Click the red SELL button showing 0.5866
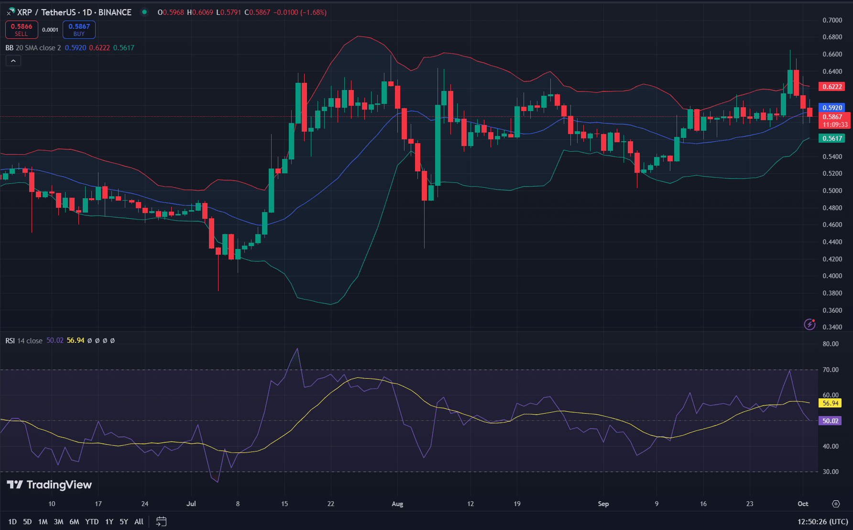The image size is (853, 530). tap(22, 30)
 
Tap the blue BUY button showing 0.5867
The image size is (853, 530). tap(79, 30)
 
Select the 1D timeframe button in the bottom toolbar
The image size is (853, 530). tap(12, 521)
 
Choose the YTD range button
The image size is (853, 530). tap(92, 521)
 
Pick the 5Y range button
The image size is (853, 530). tap(124, 521)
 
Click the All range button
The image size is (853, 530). tap(139, 521)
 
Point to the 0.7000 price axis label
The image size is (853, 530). tap(832, 20)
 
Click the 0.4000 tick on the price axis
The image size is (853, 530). tap(832, 276)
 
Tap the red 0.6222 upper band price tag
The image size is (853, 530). tap(832, 87)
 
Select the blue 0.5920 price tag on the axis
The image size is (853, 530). tap(832, 108)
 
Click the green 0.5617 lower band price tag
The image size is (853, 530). tap(832, 138)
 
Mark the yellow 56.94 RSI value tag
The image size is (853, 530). tap(831, 403)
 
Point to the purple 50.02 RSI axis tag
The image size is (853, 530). tap(831, 421)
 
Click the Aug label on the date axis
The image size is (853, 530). tap(397, 504)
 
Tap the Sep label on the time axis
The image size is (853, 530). tap(603, 504)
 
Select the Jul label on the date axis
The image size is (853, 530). tap(191, 504)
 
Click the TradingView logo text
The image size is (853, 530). tap(50, 485)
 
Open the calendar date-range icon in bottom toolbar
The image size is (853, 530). tap(162, 521)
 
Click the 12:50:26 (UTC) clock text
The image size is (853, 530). tap(822, 521)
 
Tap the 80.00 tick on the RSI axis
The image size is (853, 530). tap(831, 344)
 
